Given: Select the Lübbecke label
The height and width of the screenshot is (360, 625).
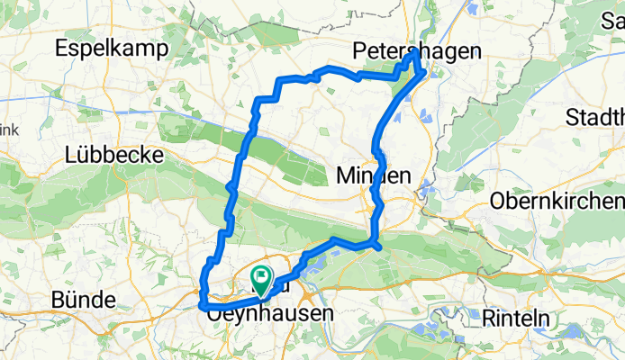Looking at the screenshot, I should (113, 155).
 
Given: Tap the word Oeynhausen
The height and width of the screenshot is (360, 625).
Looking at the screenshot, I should (270, 315).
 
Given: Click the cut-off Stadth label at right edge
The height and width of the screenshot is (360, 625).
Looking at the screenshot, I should (595, 117).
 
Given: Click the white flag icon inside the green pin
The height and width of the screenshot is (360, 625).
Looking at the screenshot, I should (262, 276).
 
